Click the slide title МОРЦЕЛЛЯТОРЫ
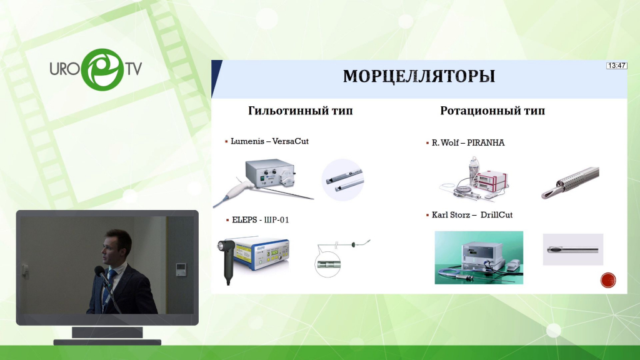tap(419, 76)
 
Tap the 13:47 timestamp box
tap(616, 65)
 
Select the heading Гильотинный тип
tap(301, 111)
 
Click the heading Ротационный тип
tap(492, 111)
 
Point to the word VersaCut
tap(290, 141)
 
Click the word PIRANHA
tap(486, 142)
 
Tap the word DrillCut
tap(496, 215)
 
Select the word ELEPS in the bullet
tap(244, 219)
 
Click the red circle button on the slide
tap(608, 281)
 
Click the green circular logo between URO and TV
tap(102, 69)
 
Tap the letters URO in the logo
tap(64, 69)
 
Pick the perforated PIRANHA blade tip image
tap(570, 183)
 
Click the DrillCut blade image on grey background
tap(572, 249)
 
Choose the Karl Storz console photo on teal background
tap(479, 257)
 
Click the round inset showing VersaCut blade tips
tap(343, 180)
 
